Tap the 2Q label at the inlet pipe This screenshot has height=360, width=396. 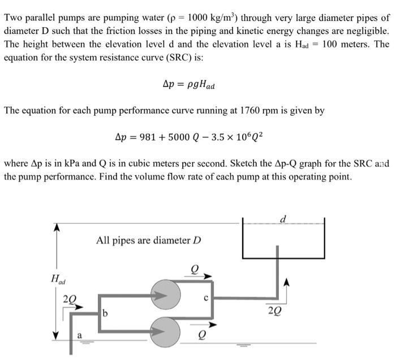pyautogui.click(x=71, y=298)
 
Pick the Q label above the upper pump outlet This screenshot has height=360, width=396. pyautogui.click(x=195, y=270)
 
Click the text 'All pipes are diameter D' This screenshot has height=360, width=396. pyautogui.click(x=149, y=240)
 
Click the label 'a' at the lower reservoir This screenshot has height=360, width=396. pyautogui.click(x=79, y=336)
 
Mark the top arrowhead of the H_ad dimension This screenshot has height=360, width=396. pyautogui.click(x=56, y=228)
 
